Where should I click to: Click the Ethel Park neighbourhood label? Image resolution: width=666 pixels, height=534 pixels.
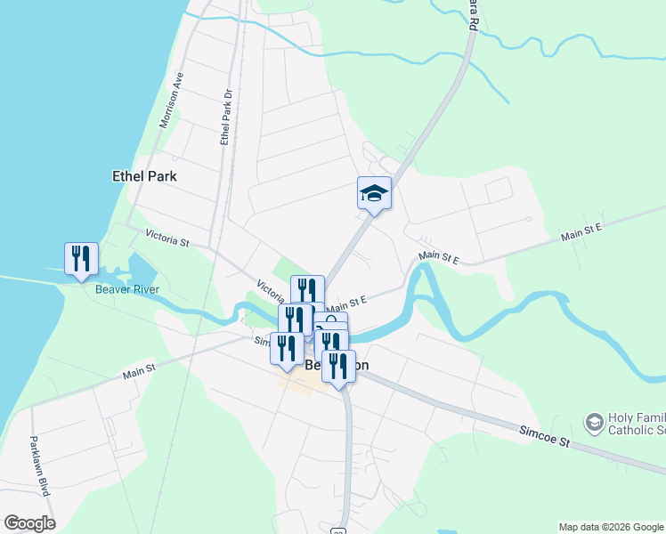[144, 176]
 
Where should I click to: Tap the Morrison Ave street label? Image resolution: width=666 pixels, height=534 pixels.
[170, 99]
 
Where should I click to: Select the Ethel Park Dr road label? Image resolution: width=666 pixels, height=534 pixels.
[226, 117]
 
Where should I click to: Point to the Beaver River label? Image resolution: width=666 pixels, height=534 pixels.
[125, 289]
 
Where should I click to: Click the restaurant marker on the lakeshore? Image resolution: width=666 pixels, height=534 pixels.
[81, 259]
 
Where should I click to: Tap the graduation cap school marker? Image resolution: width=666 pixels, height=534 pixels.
[374, 193]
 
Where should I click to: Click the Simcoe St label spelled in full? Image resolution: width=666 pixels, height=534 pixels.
[543, 436]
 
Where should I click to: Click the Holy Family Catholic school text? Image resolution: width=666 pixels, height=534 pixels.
[636, 425]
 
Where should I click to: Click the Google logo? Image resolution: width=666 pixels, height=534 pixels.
[29, 523]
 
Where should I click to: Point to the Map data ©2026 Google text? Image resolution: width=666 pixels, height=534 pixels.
[611, 527]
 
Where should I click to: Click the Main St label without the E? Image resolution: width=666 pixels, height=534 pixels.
[139, 369]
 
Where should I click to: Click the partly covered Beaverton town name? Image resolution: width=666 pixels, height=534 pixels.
[312, 365]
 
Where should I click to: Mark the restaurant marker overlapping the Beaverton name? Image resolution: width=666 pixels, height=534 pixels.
[337, 365]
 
